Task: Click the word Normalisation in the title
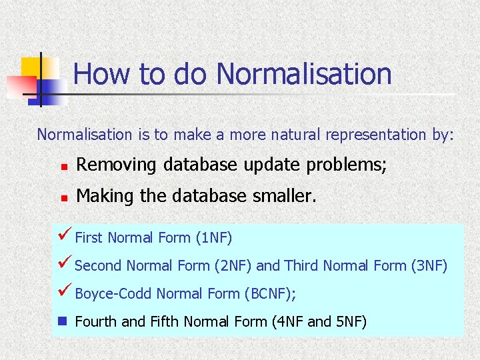(304, 74)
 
